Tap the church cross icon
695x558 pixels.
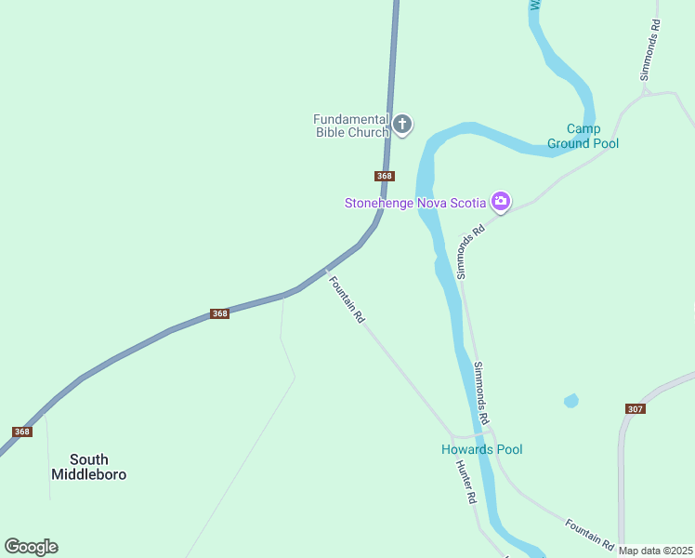click(x=402, y=124)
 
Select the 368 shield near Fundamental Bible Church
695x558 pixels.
click(x=385, y=176)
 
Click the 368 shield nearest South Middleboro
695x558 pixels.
click(x=22, y=432)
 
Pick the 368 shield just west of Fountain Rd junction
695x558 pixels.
click(x=219, y=313)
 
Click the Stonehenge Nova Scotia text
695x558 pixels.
click(x=415, y=203)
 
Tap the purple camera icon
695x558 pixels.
click(x=501, y=201)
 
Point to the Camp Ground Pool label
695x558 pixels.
click(x=583, y=136)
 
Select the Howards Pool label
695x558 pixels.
click(x=481, y=450)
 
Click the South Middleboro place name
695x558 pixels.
click(x=88, y=467)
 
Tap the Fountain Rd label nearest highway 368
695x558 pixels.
click(x=347, y=298)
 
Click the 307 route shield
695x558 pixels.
click(x=636, y=409)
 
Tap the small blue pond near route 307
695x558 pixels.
click(x=570, y=401)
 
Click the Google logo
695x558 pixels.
click(x=31, y=547)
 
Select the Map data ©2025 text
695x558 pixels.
click(x=656, y=551)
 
